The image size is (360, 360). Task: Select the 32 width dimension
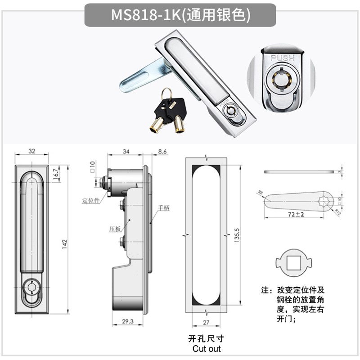31,152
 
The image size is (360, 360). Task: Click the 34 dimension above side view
126,152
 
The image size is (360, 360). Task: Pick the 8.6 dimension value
162,152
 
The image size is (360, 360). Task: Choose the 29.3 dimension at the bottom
126,322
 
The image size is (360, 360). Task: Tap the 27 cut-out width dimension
205,322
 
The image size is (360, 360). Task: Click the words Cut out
207,348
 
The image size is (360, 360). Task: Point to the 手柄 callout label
163,208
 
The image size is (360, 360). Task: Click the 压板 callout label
115,229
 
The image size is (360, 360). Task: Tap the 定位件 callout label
90,200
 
